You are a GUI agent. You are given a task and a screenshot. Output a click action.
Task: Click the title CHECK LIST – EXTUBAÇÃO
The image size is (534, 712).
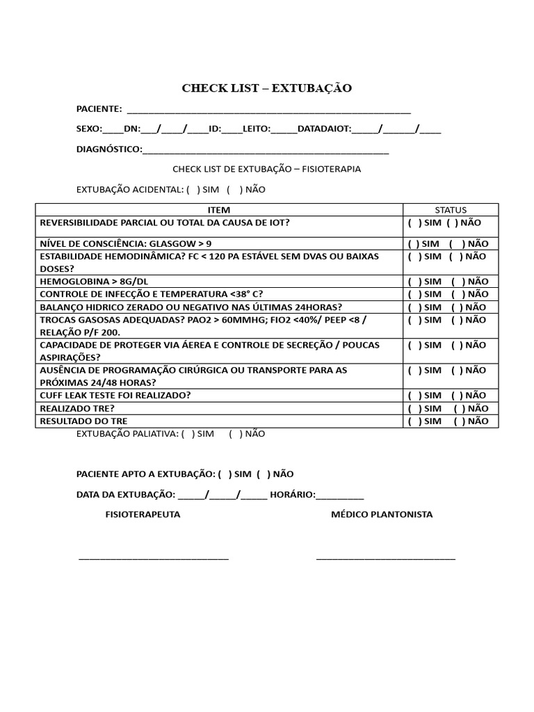[266, 88]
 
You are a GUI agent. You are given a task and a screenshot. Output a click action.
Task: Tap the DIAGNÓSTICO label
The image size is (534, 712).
[108, 149]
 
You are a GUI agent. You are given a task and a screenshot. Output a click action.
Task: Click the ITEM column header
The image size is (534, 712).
[219, 210]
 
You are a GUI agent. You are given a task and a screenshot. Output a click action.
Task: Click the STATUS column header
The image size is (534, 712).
[451, 210]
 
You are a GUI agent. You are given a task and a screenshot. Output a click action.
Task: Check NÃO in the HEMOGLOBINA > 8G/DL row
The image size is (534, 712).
[455, 282]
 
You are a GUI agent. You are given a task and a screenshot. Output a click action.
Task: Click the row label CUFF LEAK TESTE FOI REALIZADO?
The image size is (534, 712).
[115, 396]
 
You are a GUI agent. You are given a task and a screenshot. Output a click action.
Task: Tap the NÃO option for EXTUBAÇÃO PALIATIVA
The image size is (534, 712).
[241, 434]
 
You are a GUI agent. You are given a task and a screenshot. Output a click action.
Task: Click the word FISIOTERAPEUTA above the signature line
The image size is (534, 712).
[143, 515]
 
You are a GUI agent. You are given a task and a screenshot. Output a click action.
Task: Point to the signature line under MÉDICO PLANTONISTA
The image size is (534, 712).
[386, 557]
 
